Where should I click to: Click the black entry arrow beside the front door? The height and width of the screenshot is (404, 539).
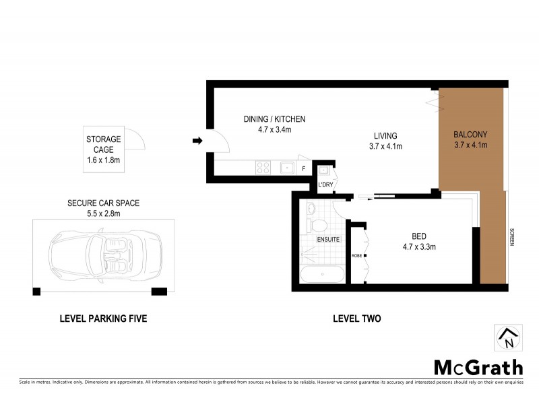coord(197,141)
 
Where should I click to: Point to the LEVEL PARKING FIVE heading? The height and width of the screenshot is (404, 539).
coord(102,318)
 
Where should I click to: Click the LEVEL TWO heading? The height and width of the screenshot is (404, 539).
coord(356,318)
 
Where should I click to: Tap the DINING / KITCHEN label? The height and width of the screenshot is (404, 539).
coord(274,119)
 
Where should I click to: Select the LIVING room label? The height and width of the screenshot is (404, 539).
coord(383,135)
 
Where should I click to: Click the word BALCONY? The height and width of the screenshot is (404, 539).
coord(470,134)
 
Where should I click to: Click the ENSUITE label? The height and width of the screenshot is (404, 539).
coord(327,239)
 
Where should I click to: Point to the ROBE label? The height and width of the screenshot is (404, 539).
coord(356,255)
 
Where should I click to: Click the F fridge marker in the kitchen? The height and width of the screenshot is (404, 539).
coord(304,168)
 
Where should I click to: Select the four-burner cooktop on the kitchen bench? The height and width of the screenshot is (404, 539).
coord(263,168)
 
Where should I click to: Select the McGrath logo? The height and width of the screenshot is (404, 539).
coord(478,367)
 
